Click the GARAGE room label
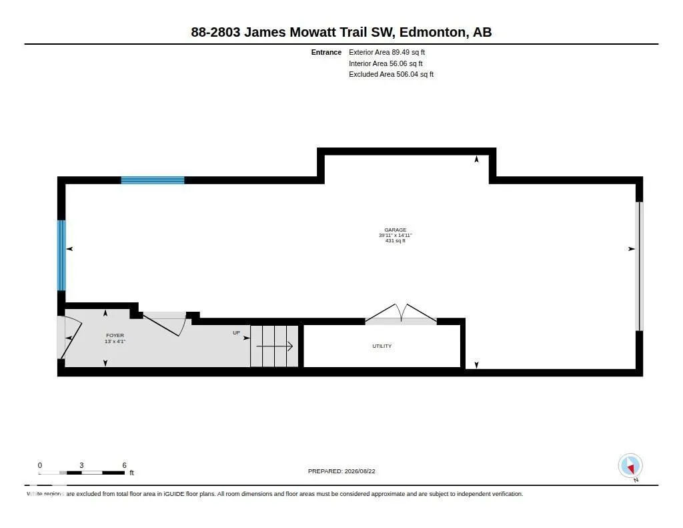(x=395, y=230)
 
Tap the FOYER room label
(x=115, y=335)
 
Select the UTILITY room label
(x=382, y=346)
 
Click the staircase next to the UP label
(x=274, y=346)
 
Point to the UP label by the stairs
(x=236, y=332)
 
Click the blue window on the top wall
(x=153, y=180)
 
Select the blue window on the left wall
(x=61, y=256)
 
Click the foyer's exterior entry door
(x=69, y=338)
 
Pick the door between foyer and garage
(x=165, y=324)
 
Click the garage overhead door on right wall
(x=640, y=266)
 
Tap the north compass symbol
(x=630, y=467)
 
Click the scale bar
(x=81, y=473)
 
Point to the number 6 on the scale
(x=124, y=465)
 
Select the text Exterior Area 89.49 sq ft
(x=387, y=52)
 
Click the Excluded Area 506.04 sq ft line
(x=391, y=75)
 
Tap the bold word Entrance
(x=326, y=52)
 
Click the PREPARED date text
(x=341, y=471)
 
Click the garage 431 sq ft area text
(x=395, y=241)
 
